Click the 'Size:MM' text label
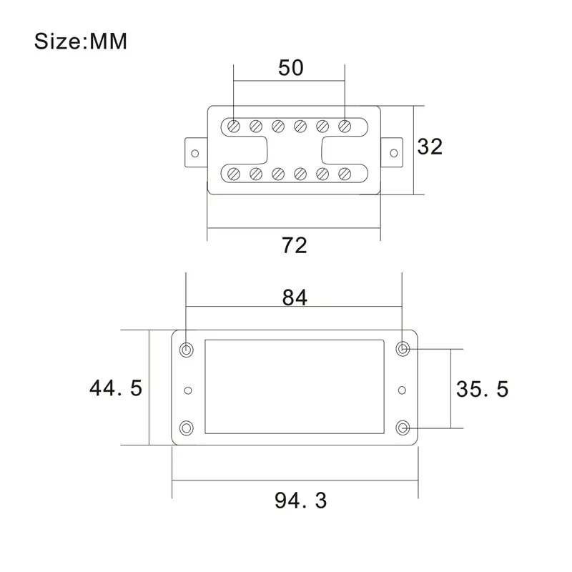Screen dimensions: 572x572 pyautogui.click(x=81, y=41)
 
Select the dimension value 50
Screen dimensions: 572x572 pyautogui.click(x=290, y=68)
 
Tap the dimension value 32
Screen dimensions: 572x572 pyautogui.click(x=430, y=147)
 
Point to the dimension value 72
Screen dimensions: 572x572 pyautogui.click(x=294, y=245)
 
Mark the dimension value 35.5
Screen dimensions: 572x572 pyautogui.click(x=482, y=389)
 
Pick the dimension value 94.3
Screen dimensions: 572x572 pyautogui.click(x=300, y=500)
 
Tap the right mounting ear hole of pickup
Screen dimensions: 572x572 pyautogui.click(x=394, y=152)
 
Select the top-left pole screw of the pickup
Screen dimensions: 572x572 pyautogui.click(x=233, y=127)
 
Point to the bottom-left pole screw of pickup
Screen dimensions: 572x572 pyautogui.click(x=233, y=173)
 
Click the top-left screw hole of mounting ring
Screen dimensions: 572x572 pyautogui.click(x=187, y=350)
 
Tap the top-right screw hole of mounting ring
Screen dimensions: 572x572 pyautogui.click(x=403, y=350)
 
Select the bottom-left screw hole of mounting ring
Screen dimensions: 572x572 pyautogui.click(x=187, y=428)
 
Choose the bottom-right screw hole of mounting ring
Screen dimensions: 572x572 pyautogui.click(x=403, y=428)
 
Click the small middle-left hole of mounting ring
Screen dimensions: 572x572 pyautogui.click(x=188, y=390)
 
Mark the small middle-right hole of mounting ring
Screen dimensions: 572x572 pyautogui.click(x=402, y=390)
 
